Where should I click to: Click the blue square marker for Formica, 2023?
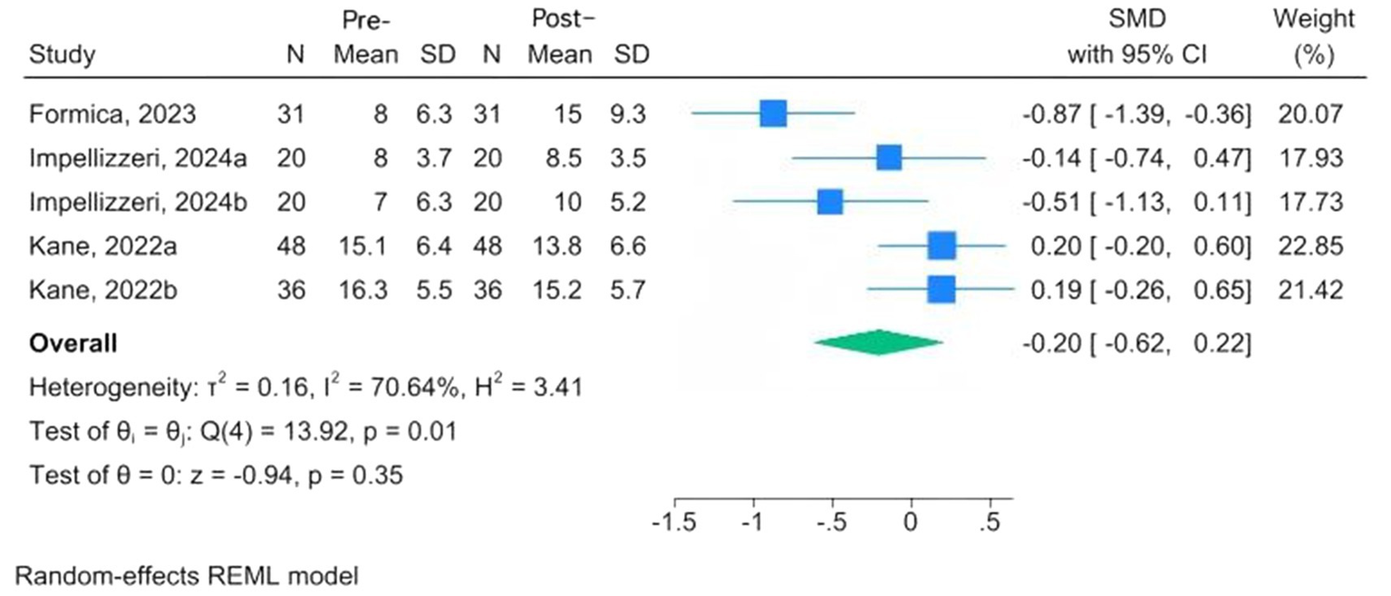(773, 114)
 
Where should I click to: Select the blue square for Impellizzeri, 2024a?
(890, 158)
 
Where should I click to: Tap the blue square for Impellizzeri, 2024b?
(830, 201)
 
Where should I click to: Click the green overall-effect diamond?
(878, 342)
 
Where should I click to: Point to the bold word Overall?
(73, 344)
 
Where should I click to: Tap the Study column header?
(63, 55)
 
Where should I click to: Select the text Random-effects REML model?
(193, 576)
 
